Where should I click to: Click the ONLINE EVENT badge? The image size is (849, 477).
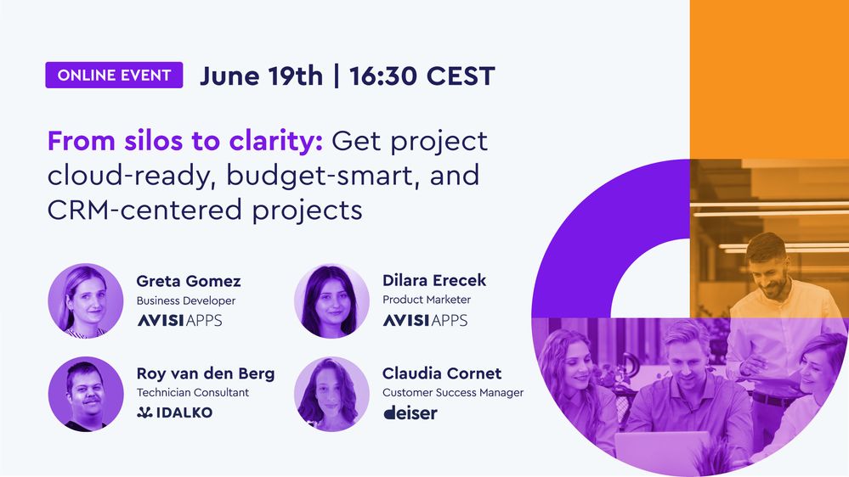tap(114, 76)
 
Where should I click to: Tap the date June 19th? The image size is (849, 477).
tap(261, 76)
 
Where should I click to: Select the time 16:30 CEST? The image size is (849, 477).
tap(421, 76)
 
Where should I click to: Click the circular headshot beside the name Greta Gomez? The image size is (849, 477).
tap(86, 300)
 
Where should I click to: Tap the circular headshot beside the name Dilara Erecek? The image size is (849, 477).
tap(331, 300)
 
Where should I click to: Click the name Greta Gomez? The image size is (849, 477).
tap(188, 281)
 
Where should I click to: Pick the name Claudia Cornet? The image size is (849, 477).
tap(441, 373)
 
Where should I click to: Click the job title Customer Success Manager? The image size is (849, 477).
tap(452, 393)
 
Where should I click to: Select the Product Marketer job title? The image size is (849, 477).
tap(426, 300)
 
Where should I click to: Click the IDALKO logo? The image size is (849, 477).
tap(174, 412)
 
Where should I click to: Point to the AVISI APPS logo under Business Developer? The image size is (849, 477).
tap(179, 320)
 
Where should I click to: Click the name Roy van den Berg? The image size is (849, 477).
tap(205, 373)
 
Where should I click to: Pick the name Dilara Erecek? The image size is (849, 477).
tap(434, 281)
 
